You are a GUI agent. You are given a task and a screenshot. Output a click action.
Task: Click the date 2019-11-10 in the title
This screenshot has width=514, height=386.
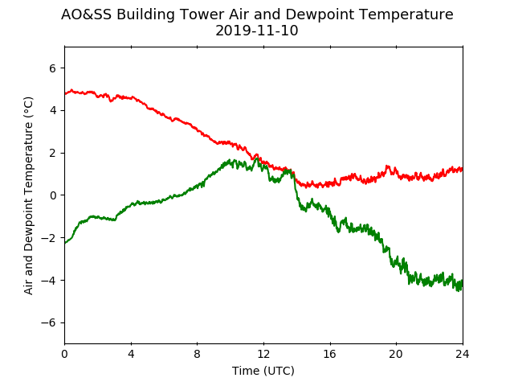click(257, 31)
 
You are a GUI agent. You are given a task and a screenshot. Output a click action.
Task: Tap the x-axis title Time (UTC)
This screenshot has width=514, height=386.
click(263, 371)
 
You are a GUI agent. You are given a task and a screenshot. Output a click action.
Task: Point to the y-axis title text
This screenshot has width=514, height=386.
click(29, 195)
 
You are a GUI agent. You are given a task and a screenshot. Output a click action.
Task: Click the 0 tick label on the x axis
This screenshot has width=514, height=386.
click(64, 354)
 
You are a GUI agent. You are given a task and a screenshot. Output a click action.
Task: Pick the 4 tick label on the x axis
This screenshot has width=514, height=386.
click(131, 354)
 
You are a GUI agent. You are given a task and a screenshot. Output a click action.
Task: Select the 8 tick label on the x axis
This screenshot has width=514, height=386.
click(197, 354)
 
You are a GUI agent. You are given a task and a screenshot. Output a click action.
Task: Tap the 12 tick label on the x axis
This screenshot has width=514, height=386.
click(263, 354)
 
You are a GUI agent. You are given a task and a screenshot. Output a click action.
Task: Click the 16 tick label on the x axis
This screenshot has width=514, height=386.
click(330, 354)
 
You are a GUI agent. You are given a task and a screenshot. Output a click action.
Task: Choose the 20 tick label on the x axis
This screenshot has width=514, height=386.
click(396, 354)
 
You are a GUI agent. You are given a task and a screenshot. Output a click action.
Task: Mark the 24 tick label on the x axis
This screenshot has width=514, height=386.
click(463, 354)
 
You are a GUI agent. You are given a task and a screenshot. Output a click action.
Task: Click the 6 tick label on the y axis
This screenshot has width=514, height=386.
click(53, 68)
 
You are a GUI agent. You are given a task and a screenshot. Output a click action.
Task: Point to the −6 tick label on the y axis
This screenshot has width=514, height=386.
click(48, 323)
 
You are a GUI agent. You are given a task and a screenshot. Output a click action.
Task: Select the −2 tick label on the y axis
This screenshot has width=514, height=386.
click(48, 238)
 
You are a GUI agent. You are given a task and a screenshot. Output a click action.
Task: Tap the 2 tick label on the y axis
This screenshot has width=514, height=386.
click(53, 154)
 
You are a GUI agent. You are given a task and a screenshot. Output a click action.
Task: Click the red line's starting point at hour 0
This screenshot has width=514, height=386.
click(65, 94)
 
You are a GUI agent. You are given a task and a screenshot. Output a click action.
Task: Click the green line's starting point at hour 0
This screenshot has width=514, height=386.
click(65, 243)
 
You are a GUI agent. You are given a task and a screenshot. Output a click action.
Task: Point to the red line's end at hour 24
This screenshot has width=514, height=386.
click(463, 170)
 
